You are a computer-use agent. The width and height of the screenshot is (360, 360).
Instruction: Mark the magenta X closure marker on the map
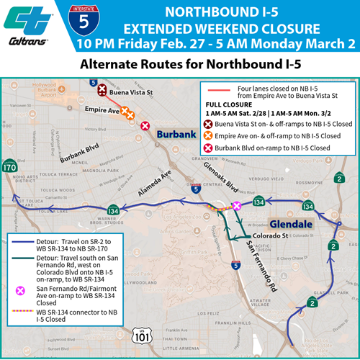237,207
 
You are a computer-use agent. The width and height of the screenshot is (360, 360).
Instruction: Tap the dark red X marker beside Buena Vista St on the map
103,90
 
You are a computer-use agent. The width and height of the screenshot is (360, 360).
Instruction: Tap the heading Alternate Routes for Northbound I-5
180,65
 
